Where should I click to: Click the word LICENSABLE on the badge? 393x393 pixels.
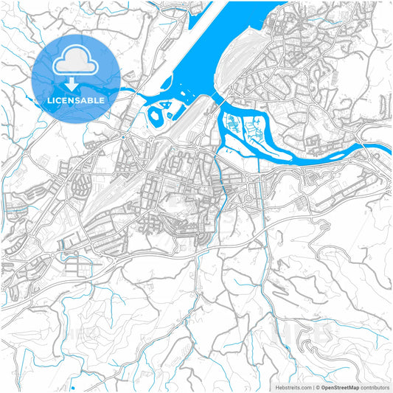point(76,99)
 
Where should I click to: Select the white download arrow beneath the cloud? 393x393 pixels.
point(76,82)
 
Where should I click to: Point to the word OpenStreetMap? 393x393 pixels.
point(340,386)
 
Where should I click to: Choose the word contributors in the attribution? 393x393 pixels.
point(375,386)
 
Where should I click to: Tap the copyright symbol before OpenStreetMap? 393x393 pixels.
point(318,386)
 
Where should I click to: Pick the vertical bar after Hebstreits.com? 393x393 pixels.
point(313,386)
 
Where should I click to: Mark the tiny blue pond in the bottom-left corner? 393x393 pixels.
point(72,386)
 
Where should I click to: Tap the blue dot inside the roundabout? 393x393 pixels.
point(122,137)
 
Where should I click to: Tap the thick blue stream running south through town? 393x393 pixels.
point(221,184)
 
